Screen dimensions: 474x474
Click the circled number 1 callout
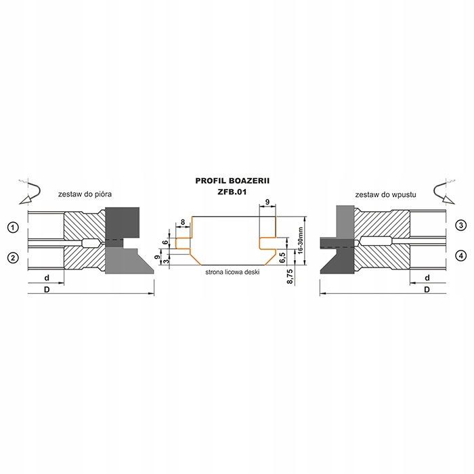13,228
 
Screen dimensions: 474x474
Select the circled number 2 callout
13,258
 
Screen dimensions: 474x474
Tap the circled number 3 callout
460,225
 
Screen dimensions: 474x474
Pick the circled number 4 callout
460,256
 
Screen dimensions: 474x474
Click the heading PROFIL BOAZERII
232,181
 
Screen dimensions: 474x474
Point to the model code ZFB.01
232,192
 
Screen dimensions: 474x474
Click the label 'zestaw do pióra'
85,194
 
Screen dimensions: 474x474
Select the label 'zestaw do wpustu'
385,195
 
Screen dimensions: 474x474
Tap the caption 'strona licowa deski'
232,272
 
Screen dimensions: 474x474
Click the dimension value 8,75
290,276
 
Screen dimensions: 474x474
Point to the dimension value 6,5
282,257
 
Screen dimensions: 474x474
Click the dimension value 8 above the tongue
183,222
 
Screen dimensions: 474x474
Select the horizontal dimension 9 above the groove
267,202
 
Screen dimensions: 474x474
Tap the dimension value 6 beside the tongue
165,242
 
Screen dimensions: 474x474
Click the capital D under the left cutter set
47,290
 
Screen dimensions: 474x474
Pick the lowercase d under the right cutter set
427,278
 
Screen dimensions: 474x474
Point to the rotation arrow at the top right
444,192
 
